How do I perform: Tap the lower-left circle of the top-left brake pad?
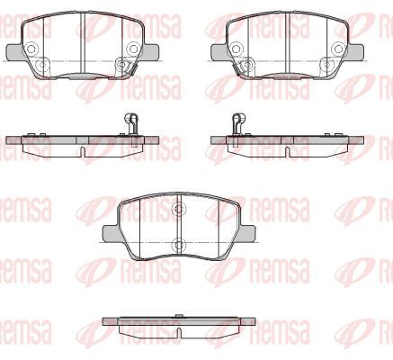coord(40,63)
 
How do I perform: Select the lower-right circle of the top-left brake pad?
coord(122,63)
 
